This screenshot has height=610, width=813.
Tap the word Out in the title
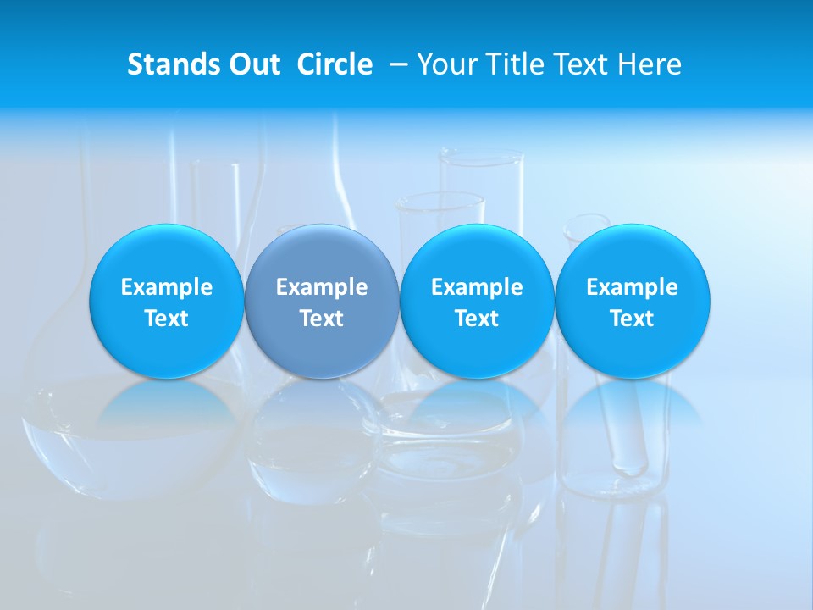(x=252, y=64)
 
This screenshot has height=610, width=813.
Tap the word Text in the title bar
(x=580, y=64)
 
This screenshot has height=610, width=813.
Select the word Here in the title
(x=649, y=64)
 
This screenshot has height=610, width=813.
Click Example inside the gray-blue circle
(x=322, y=287)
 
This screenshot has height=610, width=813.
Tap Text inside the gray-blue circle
(x=322, y=319)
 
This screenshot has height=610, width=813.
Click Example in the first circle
(x=167, y=287)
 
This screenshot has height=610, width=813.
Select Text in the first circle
(x=167, y=319)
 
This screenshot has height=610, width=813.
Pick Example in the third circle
(x=477, y=287)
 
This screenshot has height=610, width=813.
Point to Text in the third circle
(x=477, y=319)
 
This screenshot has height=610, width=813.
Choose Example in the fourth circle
(x=632, y=287)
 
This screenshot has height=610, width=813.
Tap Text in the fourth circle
(x=632, y=319)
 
